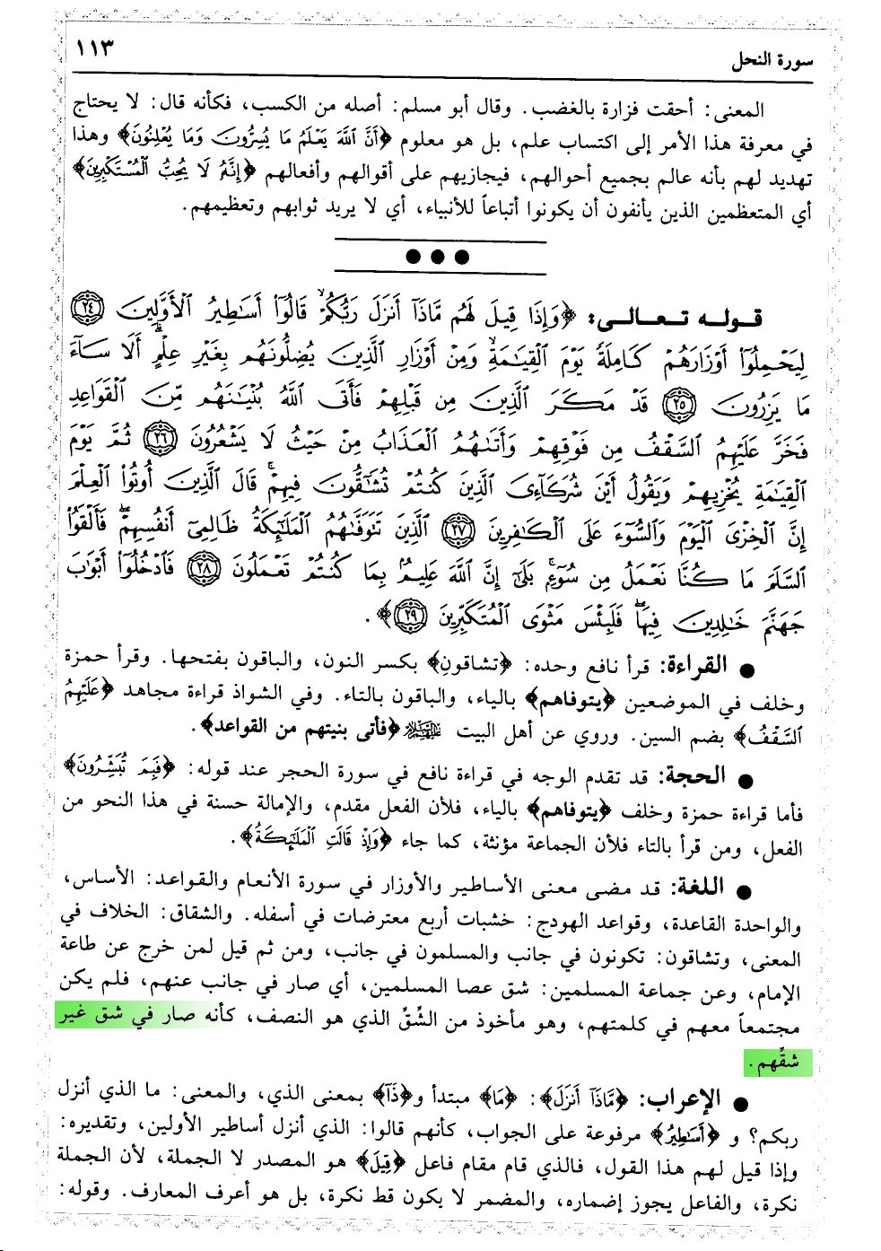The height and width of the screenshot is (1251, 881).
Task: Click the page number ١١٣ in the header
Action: [x=96, y=48]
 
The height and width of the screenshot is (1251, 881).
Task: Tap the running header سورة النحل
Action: [x=771, y=61]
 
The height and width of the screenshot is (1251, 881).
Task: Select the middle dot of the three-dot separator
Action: [x=438, y=257]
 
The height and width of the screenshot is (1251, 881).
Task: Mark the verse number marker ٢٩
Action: [x=411, y=614]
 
